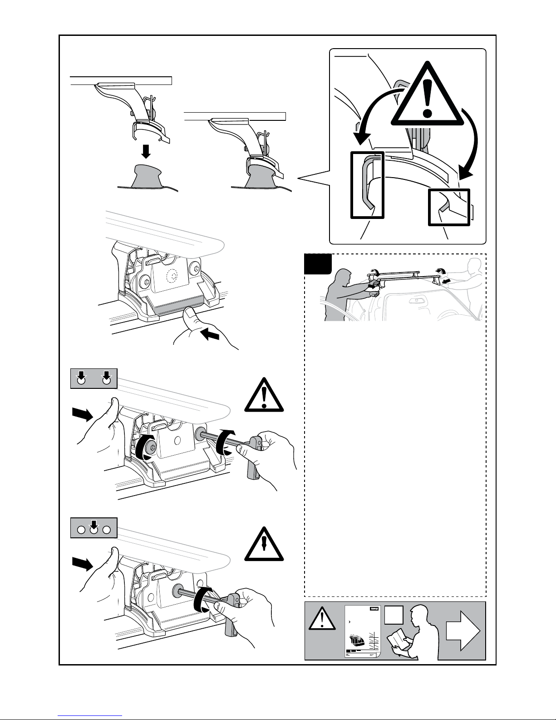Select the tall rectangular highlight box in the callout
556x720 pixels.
click(x=367, y=185)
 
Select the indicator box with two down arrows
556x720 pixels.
click(x=94, y=378)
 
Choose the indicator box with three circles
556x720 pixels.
click(x=94, y=528)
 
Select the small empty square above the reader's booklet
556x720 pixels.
click(x=393, y=616)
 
